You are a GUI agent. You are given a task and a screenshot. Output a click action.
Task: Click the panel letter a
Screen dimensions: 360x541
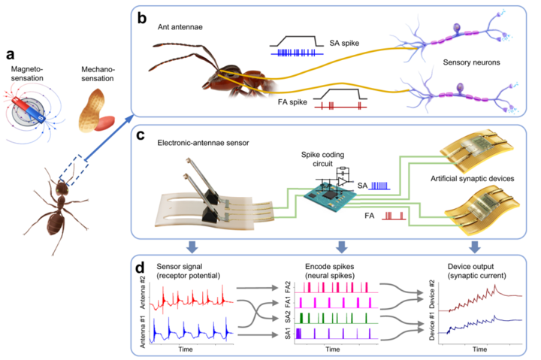pos(11,54)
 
